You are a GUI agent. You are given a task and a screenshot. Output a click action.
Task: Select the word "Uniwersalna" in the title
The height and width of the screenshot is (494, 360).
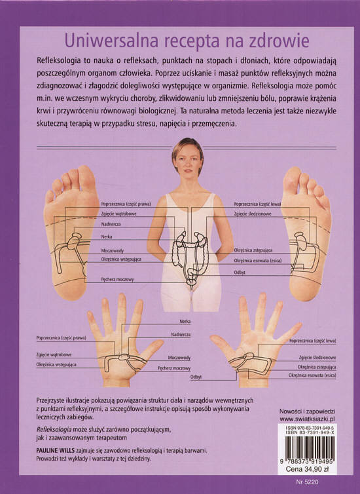tap(111, 41)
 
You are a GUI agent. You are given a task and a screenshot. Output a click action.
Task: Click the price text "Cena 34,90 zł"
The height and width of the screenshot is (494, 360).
tap(307, 469)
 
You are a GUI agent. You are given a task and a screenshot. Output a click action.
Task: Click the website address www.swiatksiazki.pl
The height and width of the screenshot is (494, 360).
tap(307, 419)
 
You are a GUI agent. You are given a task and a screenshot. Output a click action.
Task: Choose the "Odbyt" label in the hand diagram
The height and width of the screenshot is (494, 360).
tap(196, 377)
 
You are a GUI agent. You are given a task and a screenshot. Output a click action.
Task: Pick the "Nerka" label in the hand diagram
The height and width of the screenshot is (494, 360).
tap(185, 321)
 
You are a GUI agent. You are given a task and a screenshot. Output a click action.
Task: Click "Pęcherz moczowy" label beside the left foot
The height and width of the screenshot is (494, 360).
tap(117, 279)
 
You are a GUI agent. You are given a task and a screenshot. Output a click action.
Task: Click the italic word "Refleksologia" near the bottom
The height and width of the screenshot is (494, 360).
tap(54, 429)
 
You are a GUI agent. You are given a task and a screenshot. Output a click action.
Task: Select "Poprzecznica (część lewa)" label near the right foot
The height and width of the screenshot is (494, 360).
tap(257, 204)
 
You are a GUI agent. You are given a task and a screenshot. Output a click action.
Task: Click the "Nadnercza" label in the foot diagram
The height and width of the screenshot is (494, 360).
tap(111, 224)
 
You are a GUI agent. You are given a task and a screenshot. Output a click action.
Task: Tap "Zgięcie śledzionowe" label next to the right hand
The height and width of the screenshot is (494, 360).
tap(317, 358)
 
